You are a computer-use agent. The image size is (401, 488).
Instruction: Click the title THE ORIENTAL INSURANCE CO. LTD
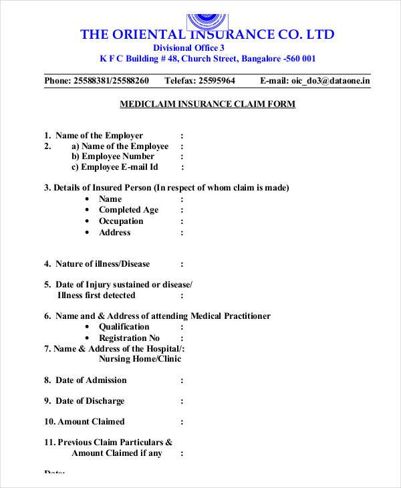tap(207, 34)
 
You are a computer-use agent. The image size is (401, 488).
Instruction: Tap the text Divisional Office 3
tap(189, 48)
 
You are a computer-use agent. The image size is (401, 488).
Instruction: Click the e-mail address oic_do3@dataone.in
tap(330, 82)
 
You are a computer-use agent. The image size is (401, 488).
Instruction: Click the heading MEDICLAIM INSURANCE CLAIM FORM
tap(207, 105)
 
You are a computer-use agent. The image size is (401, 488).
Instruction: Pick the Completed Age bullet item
tap(128, 210)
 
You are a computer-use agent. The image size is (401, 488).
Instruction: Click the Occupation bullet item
tap(121, 221)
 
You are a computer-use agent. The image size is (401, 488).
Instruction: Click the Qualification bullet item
tap(124, 327)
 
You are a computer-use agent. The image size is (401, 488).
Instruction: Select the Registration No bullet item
tap(129, 338)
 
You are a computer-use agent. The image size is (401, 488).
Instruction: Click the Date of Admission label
tap(90, 380)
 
